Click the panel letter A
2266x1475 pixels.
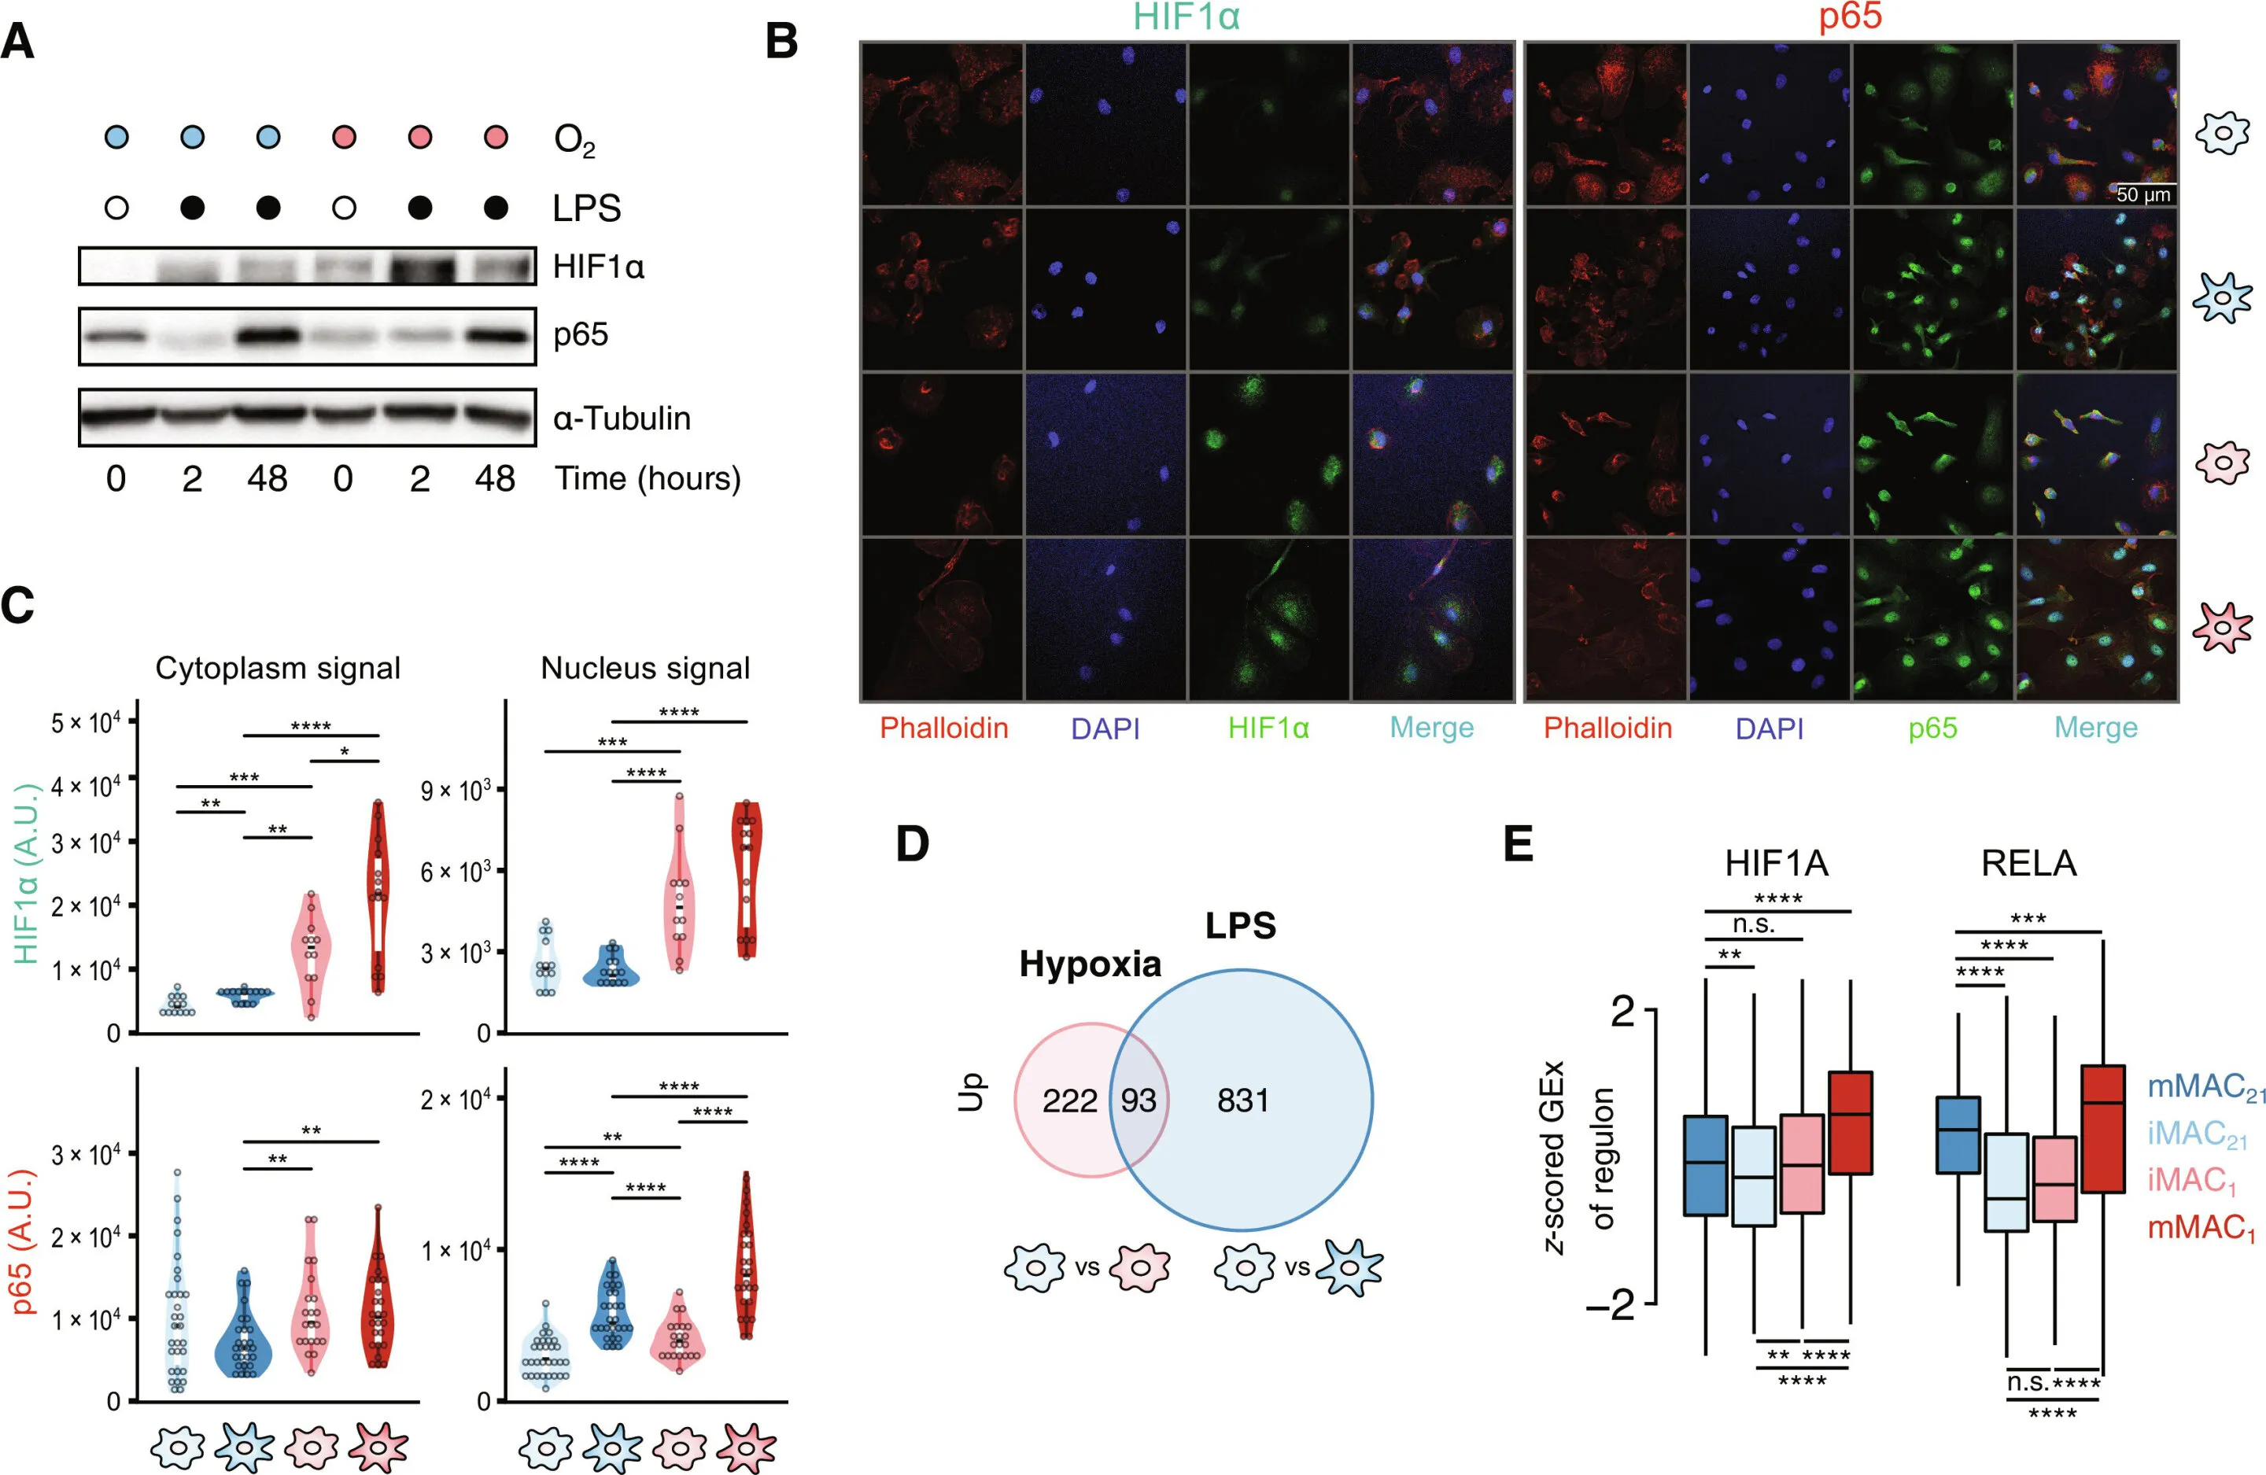17,42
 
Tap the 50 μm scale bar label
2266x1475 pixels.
2143,194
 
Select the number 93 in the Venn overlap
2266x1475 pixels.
1138,1101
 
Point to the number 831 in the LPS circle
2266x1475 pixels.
1242,1101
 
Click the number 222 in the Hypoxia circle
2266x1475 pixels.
1069,1101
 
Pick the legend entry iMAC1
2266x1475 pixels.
2190,1181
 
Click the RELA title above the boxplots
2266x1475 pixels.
2028,864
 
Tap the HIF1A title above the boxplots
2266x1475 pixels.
1777,864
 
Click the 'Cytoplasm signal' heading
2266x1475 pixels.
277,669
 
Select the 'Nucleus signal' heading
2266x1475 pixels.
644,669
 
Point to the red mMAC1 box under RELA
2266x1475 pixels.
2102,1128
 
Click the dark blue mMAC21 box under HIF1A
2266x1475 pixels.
1705,1166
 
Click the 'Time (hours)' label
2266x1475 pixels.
648,478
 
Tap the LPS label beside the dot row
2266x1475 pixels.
586,208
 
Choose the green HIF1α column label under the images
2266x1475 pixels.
1268,728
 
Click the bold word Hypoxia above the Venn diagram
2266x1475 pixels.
1091,964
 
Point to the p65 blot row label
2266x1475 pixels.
581,335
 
